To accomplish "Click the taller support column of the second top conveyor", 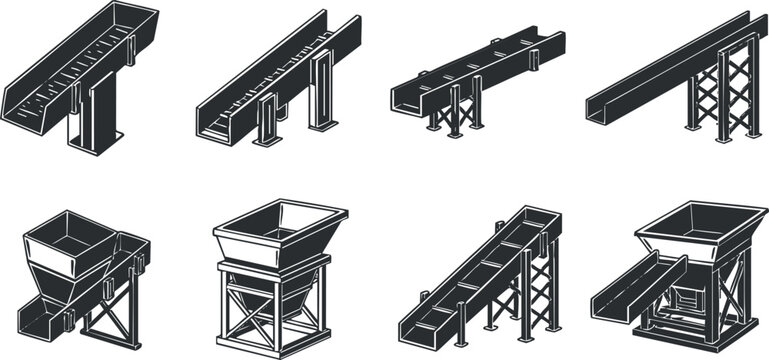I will click(x=322, y=92).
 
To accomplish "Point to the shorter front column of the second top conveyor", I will click(x=267, y=121).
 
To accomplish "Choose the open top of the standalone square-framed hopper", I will click(x=280, y=218).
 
